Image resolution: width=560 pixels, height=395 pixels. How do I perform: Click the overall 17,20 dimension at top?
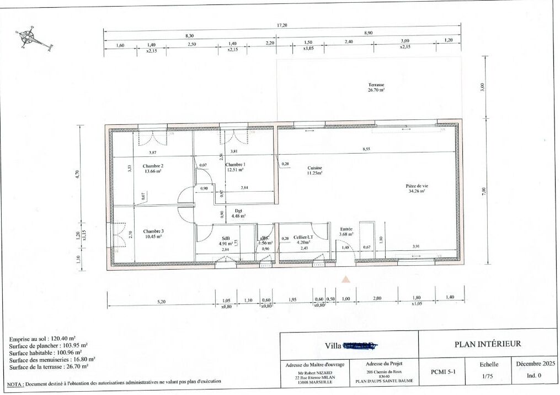tap(282, 25)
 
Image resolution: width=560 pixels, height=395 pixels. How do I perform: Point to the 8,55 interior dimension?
tap(366, 149)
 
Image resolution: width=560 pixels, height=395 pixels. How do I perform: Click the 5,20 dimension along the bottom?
tap(161, 302)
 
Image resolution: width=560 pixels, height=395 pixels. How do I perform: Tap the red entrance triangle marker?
tap(346, 280)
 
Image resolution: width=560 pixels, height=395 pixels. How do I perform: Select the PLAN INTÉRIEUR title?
tap(487, 344)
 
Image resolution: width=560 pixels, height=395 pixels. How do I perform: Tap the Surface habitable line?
tap(45, 352)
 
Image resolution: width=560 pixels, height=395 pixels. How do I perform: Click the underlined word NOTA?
tap(15, 382)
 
